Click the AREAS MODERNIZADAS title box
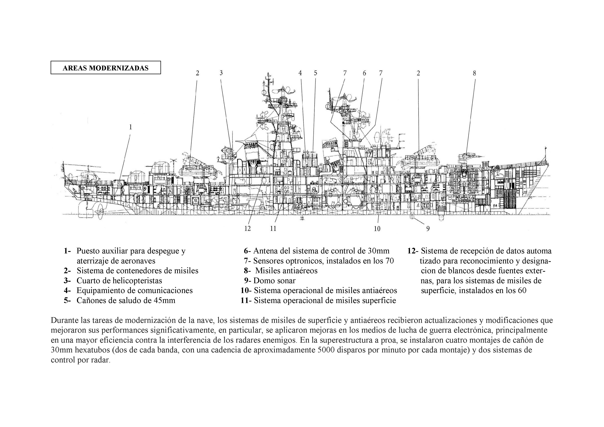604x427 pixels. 106,68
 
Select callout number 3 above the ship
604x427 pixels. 221,73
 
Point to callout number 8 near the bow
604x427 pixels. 474,73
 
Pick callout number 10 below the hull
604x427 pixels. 377,229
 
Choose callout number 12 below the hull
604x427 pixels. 248,229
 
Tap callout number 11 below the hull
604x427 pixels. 273,229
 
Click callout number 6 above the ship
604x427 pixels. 364,73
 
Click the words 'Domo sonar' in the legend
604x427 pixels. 274,281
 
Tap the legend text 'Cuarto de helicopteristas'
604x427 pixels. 119,281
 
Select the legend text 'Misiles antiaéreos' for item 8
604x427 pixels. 287,271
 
